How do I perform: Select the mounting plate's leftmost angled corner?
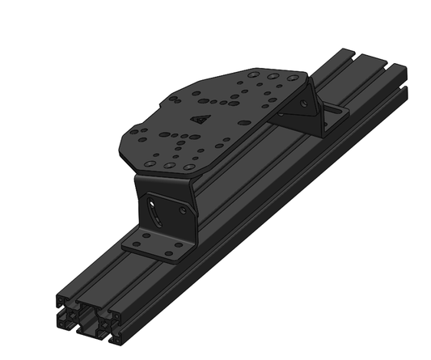(x=120, y=144)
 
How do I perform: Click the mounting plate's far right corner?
(x=308, y=81)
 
